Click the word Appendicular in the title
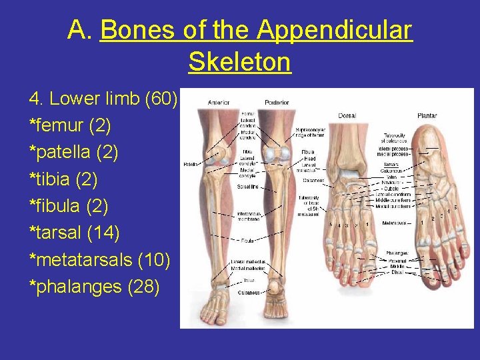point(335,30)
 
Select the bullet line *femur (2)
point(70,125)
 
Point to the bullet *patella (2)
point(73,152)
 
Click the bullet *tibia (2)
point(63,179)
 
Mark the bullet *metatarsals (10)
point(99,259)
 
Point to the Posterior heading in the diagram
point(276,102)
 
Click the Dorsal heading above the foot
point(347,115)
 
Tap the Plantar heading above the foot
point(427,115)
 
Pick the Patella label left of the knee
point(191,163)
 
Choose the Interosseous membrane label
point(249,216)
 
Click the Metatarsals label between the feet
point(396,222)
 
